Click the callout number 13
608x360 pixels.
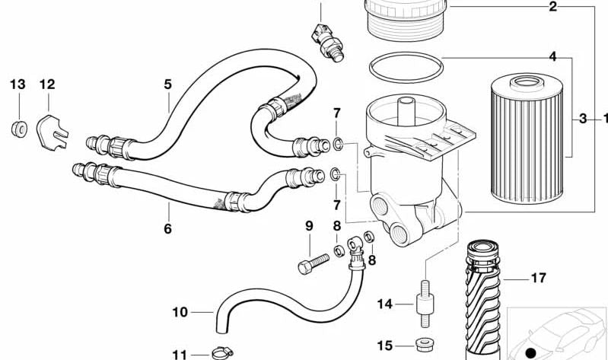pos(18,84)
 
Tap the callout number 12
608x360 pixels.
pos(47,84)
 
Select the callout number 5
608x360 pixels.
pos(167,84)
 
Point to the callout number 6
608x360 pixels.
pos(167,228)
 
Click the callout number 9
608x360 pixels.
pos(309,226)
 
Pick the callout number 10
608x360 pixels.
pos(180,312)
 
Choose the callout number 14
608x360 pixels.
pos(385,304)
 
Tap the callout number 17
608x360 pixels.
pos(538,278)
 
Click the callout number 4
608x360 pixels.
pos(553,56)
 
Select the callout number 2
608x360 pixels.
pos(553,6)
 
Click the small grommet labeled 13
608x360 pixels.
pos(19,129)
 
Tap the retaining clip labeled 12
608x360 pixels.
pos(53,132)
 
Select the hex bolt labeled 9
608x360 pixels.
pos(314,264)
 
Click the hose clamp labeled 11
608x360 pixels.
pos(222,352)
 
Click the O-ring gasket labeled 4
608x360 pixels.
pos(406,67)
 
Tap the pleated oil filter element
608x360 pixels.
pos(527,138)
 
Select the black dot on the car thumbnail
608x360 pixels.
pos(531,353)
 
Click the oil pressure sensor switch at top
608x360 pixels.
pos(328,42)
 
